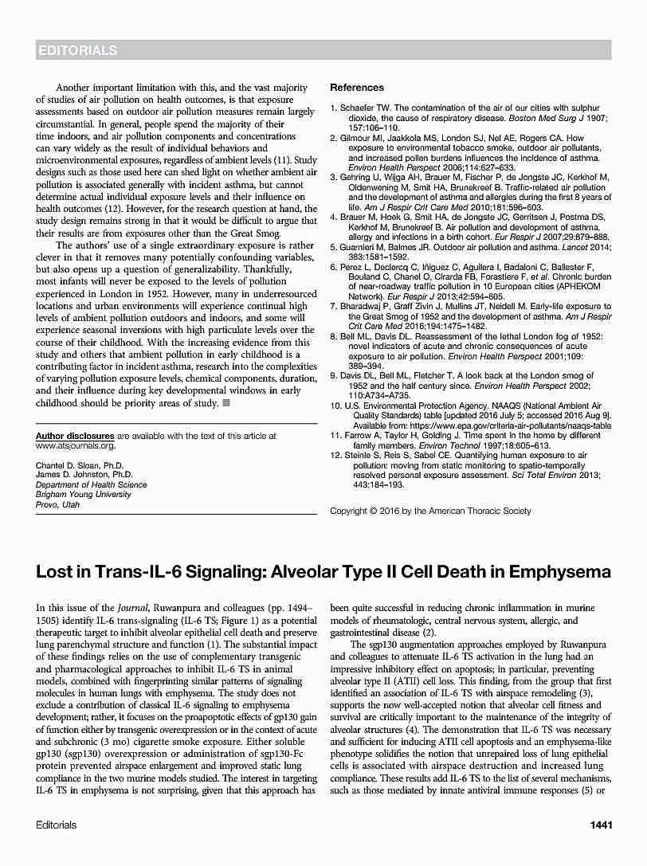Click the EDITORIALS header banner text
click(x=76, y=50)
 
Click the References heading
click(x=356, y=88)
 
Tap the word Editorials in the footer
click(x=57, y=825)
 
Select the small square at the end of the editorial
click(x=226, y=404)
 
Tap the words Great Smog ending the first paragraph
click(x=255, y=233)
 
